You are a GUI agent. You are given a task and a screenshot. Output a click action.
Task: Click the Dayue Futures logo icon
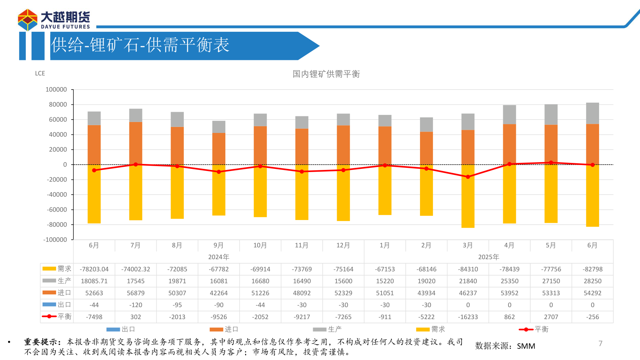(28, 20)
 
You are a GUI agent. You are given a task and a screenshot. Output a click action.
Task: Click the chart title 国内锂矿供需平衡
(326, 74)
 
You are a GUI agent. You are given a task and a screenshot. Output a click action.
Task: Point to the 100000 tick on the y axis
(56, 90)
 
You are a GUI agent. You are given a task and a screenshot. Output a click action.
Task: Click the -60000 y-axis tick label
(57, 210)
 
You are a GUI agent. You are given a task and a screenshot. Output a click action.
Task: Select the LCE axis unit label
(40, 73)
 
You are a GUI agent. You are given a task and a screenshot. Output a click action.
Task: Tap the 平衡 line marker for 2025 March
(468, 177)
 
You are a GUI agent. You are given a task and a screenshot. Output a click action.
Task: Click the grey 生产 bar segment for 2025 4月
(509, 115)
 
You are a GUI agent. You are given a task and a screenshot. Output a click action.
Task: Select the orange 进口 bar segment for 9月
(219, 148)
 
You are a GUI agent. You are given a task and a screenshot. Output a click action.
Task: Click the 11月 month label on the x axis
(301, 245)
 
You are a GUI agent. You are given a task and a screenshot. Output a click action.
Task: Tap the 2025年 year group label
(488, 257)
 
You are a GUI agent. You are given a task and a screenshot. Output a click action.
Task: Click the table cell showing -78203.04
(94, 269)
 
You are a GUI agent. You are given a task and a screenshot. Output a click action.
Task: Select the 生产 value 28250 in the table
(592, 281)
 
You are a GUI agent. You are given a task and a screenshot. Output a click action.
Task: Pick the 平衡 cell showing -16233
(468, 317)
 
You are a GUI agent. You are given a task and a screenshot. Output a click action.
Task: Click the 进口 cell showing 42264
(219, 293)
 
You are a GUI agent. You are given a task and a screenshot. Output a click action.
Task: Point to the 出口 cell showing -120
(136, 305)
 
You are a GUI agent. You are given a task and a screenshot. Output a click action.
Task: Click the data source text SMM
(526, 346)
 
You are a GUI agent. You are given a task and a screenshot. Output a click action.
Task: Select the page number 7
(600, 343)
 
